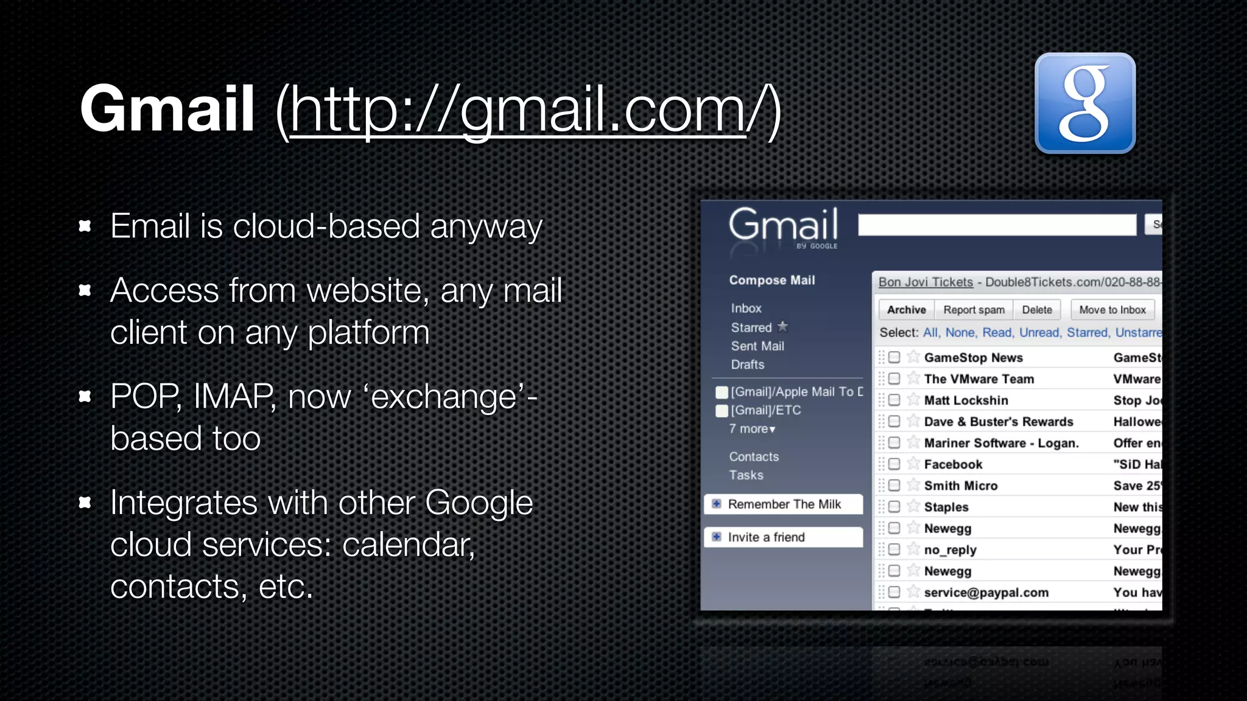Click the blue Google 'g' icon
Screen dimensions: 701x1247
click(x=1084, y=103)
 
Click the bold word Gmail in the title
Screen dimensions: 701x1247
click(x=167, y=109)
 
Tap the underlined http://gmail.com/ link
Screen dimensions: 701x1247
click(x=518, y=110)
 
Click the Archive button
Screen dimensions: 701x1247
click(x=906, y=310)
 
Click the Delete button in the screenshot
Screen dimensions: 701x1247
click(x=1036, y=310)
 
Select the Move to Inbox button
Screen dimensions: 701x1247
click(x=1112, y=310)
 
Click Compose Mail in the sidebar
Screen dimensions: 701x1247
click(x=771, y=281)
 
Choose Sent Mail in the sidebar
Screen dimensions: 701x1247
click(x=757, y=346)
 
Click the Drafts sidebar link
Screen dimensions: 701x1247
click(x=747, y=364)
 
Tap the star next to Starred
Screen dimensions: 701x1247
click(x=782, y=327)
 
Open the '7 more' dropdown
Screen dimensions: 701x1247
click(x=753, y=429)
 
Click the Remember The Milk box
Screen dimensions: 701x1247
click(x=783, y=504)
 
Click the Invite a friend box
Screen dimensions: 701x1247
click(x=783, y=537)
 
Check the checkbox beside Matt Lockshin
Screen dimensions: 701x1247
click(x=894, y=400)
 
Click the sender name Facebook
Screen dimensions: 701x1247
click(x=952, y=464)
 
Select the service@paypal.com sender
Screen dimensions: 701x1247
click(x=985, y=593)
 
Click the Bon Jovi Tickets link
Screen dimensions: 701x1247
click(x=925, y=282)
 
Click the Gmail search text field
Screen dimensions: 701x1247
click(x=996, y=225)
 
